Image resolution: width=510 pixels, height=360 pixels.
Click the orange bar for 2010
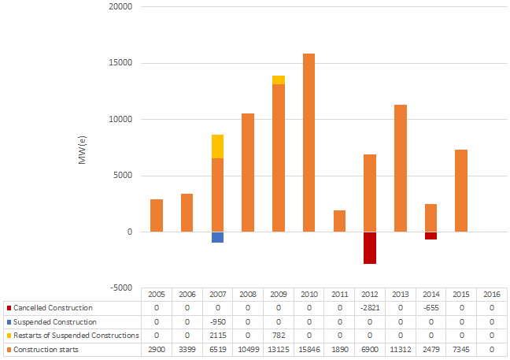pos(309,143)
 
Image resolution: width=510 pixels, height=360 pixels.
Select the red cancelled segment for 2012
pos(370,247)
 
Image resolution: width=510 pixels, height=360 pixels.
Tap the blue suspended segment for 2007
pos(217,237)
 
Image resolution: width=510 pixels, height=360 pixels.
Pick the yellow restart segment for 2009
pos(279,80)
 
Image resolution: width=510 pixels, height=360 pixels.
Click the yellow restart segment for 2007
pos(217,147)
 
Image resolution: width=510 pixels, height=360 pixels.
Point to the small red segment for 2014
pos(431,236)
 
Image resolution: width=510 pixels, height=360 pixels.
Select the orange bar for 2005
pos(157,215)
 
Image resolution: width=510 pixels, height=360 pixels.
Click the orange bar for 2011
pos(339,221)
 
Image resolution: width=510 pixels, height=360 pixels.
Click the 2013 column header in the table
pos(401,293)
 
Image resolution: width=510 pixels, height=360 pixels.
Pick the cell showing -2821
pos(370,307)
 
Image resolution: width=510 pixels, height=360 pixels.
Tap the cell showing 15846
pos(309,350)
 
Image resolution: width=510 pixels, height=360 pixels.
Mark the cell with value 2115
pos(217,336)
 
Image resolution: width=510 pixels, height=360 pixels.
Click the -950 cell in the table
pos(217,321)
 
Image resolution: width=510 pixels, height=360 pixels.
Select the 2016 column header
pos(492,293)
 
